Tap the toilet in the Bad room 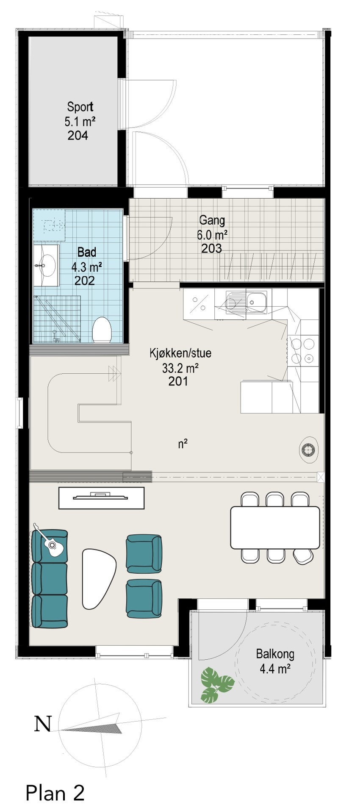102,329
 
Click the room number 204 78,136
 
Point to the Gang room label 212,220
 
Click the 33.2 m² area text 180,368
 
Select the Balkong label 274,654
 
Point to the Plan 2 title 55,781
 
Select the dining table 274,527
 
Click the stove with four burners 303,350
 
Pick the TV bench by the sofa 101,497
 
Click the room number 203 211,248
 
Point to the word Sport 80,107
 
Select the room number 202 84,280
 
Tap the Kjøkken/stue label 180,353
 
